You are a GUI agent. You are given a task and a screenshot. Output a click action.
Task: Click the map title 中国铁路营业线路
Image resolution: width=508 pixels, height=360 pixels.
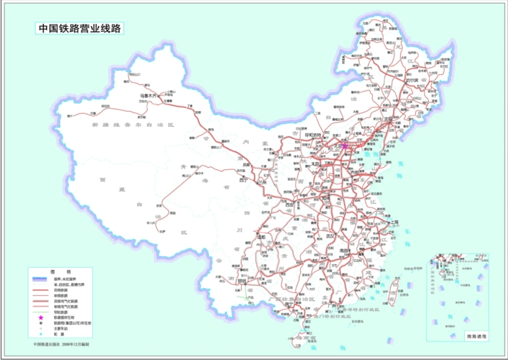click(80, 30)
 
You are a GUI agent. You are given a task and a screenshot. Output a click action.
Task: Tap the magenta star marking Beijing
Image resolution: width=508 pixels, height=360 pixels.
click(344, 145)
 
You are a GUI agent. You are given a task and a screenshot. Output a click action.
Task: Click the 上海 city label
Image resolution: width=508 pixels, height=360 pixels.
click(394, 223)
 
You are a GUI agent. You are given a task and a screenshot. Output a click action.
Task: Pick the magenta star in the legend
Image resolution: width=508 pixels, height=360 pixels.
click(41, 318)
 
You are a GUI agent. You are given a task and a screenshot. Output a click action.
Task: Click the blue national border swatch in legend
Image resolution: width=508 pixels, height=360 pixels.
click(41, 279)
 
